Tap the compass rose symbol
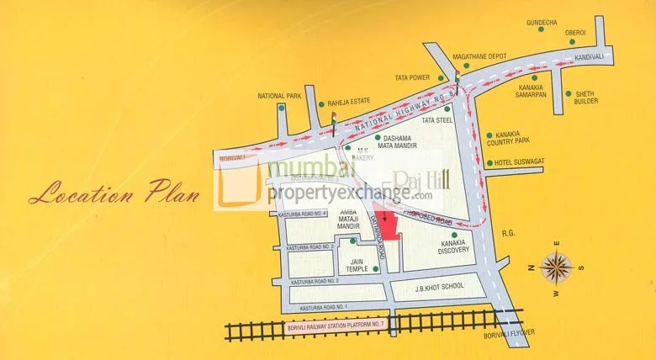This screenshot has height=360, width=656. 555,267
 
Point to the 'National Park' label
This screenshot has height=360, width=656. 279,96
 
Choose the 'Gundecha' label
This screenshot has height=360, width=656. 542,19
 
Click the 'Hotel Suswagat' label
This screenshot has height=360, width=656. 517,162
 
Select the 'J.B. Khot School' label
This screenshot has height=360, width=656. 440,287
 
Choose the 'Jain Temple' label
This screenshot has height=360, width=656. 357,265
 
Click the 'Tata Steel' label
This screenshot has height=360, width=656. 437,120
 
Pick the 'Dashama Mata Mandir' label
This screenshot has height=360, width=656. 399,142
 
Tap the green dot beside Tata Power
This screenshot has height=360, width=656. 440,78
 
